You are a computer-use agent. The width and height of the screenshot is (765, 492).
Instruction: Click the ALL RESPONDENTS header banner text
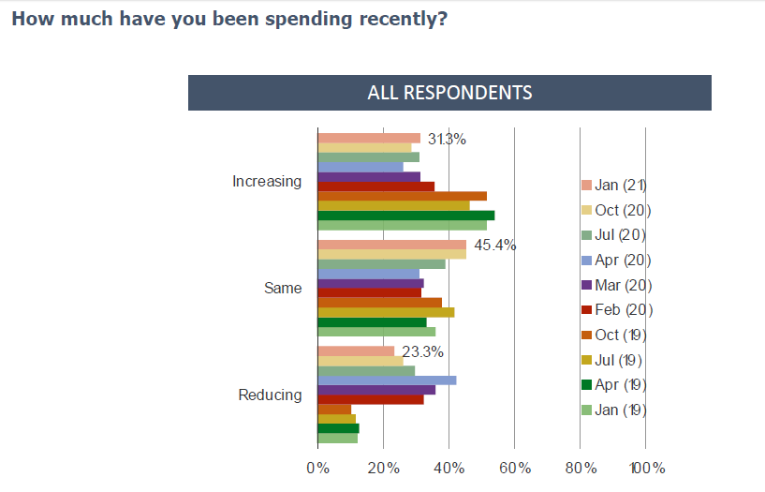(x=449, y=93)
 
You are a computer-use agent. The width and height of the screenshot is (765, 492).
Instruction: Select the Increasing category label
(x=267, y=181)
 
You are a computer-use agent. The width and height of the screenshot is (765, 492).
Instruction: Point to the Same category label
(x=283, y=288)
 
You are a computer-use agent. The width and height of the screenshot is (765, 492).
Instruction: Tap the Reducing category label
(x=271, y=395)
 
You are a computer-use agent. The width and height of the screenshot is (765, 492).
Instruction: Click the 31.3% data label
(x=447, y=140)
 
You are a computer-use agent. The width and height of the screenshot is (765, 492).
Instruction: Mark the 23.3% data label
(x=421, y=352)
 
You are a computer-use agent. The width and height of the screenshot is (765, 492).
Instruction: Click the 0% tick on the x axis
(x=317, y=468)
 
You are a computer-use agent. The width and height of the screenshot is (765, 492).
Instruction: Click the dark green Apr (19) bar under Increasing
(x=405, y=215)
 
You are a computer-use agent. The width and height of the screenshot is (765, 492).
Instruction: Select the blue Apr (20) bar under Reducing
(x=387, y=380)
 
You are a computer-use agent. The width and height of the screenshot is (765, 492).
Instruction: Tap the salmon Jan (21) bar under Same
(x=391, y=244)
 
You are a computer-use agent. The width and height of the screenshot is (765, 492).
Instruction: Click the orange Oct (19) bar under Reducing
(x=334, y=409)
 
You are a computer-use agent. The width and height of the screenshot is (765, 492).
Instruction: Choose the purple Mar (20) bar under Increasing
(x=368, y=176)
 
